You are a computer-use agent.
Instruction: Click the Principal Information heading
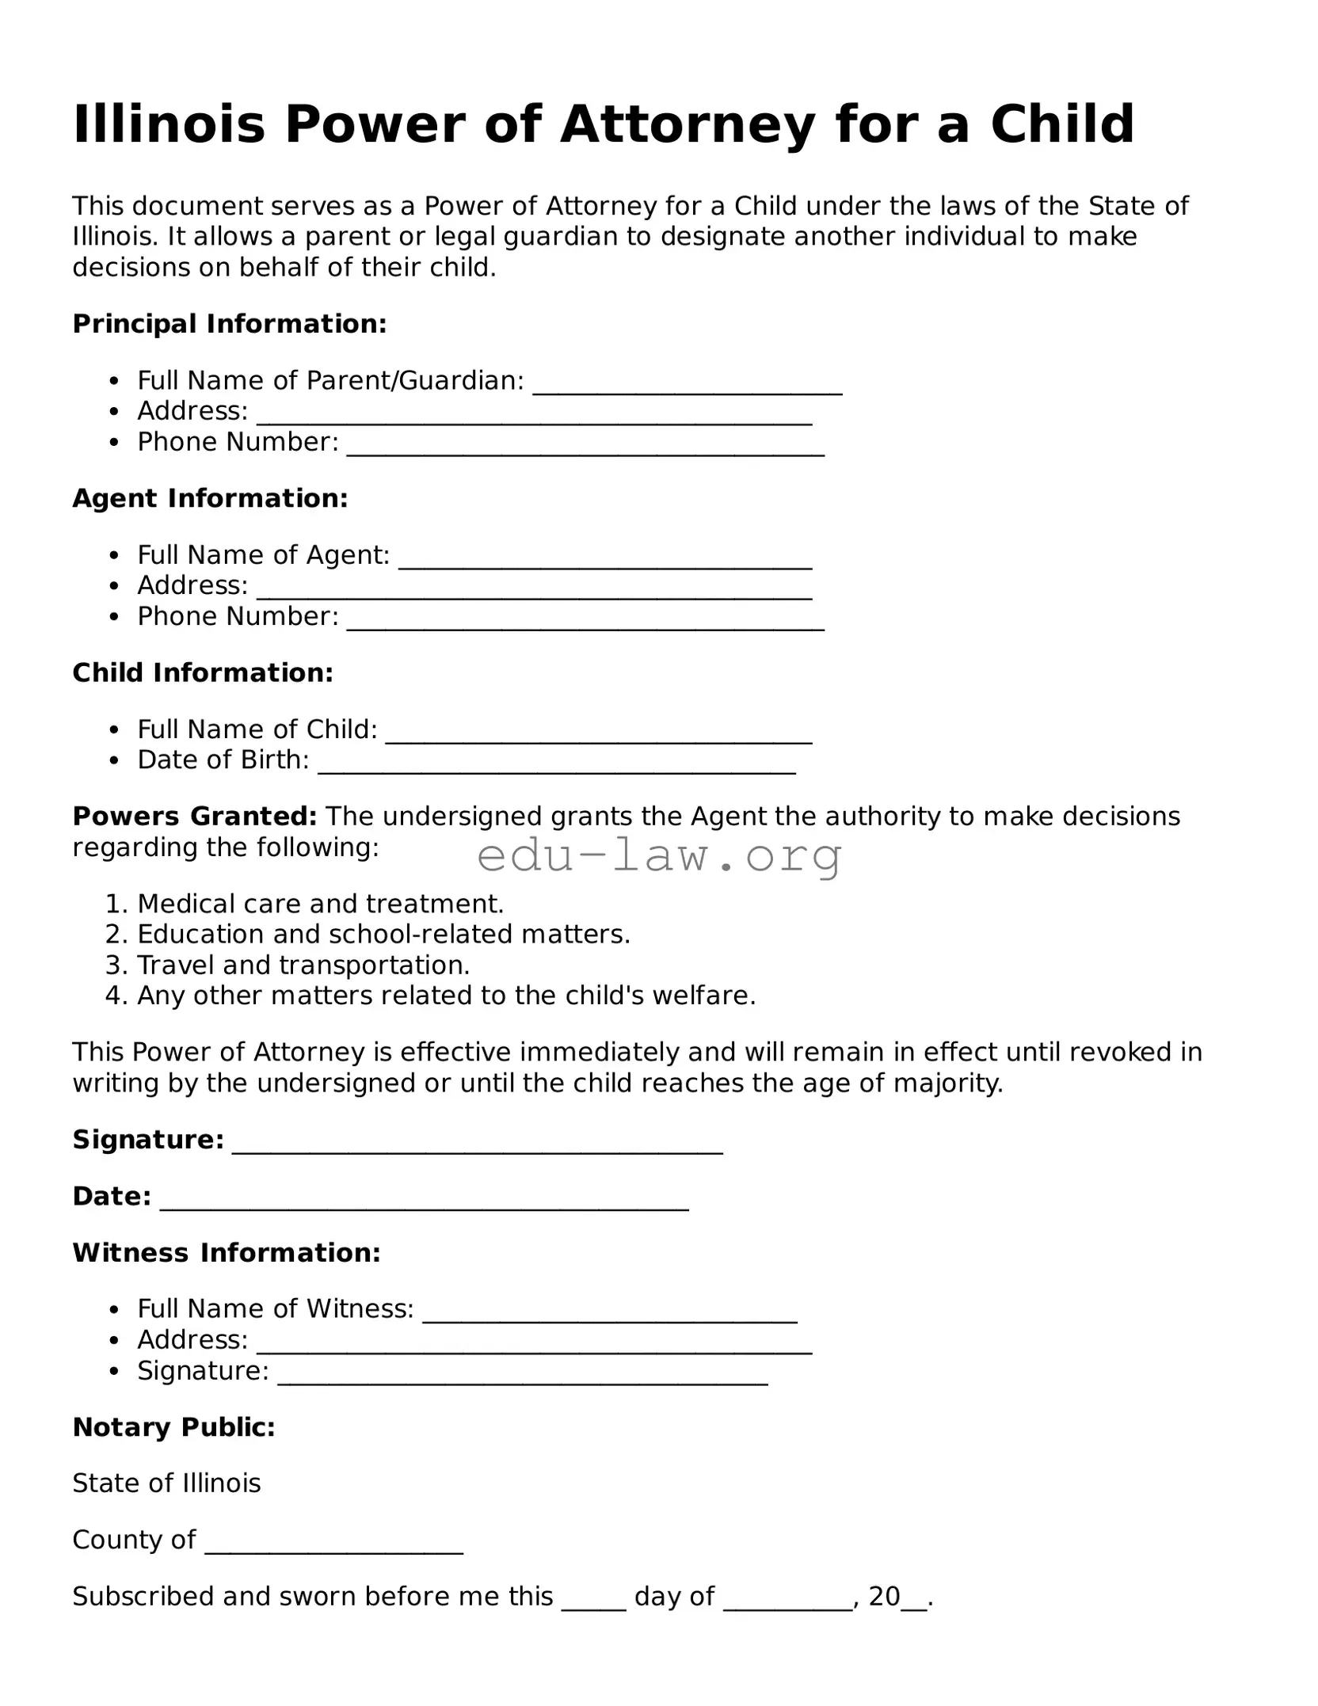tap(230, 324)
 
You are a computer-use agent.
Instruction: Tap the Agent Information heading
tap(210, 498)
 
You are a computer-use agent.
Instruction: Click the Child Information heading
tap(203, 672)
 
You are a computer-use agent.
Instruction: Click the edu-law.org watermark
tap(659, 856)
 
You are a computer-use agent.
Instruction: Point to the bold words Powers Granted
tap(195, 816)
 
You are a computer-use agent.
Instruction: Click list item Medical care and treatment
tap(320, 904)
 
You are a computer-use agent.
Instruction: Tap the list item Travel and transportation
tap(303, 965)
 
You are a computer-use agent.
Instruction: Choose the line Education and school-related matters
tap(383, 935)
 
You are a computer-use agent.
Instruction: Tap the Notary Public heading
tap(173, 1427)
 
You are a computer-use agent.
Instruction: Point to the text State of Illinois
tap(166, 1483)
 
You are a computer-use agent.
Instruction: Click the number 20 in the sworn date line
tap(884, 1596)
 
